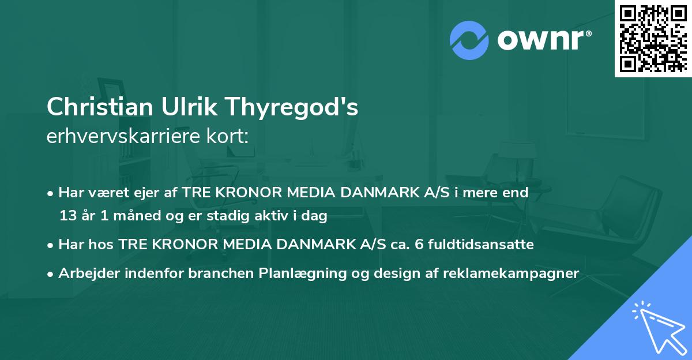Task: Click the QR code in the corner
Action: (x=653, y=39)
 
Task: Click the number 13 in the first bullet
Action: (x=66, y=216)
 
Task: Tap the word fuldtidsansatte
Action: (x=480, y=245)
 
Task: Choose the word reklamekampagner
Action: (x=511, y=273)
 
